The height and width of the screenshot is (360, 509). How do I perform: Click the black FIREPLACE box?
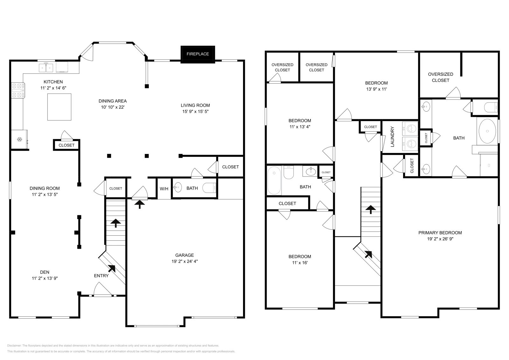click(198, 54)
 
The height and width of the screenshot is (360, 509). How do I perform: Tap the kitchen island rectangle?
click(59, 107)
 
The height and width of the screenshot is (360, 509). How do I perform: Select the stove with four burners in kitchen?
click(18, 90)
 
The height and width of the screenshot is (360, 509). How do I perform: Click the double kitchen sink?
click(46, 67)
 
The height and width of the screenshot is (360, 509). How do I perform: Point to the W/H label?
click(164, 189)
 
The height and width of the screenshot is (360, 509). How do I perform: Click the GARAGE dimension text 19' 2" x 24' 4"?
click(185, 261)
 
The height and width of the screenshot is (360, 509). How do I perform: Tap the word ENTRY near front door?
click(101, 276)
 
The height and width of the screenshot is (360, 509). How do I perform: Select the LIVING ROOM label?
click(195, 105)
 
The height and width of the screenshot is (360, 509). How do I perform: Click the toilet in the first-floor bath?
click(210, 188)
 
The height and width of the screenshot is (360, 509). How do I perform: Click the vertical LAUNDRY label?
click(392, 137)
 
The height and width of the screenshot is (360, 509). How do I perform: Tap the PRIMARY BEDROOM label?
click(440, 232)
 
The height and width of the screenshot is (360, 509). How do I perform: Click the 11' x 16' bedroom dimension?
click(300, 263)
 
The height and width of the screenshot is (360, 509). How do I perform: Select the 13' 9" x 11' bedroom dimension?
click(376, 89)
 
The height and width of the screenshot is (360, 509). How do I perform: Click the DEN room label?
click(45, 272)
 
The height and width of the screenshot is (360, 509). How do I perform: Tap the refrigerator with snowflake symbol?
click(19, 139)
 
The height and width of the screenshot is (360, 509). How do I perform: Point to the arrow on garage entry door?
click(139, 204)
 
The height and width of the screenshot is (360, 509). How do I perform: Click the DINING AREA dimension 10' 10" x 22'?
click(112, 107)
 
